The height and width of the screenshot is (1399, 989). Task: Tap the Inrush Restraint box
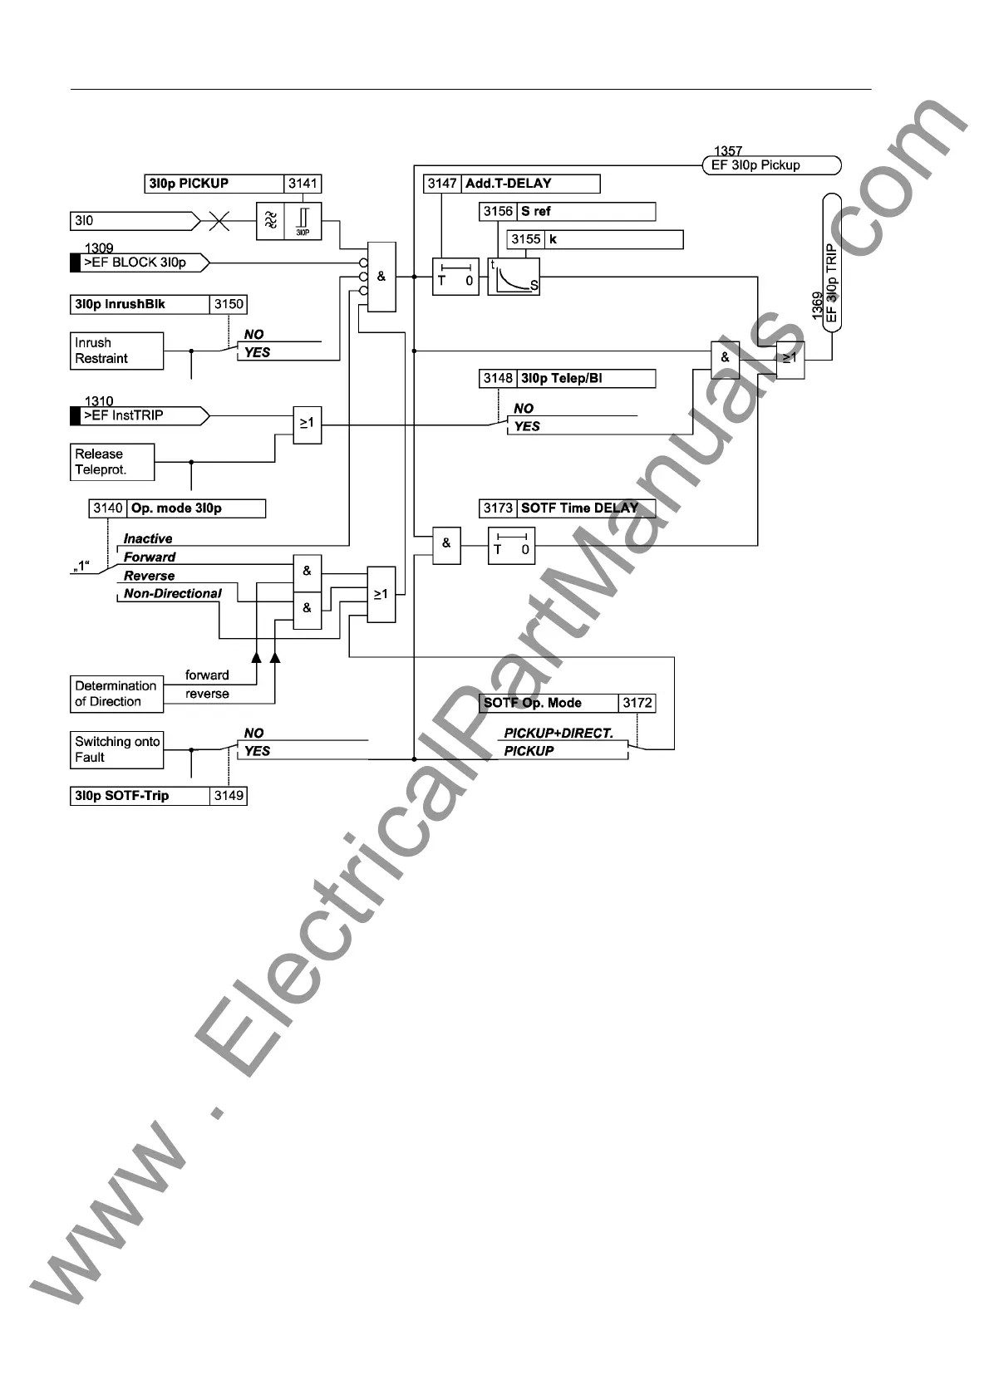click(116, 351)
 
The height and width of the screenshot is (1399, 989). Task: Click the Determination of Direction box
click(116, 694)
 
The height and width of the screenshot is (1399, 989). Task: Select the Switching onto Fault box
click(116, 749)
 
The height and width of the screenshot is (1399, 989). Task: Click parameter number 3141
click(303, 184)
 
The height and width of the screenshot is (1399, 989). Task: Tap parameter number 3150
click(229, 305)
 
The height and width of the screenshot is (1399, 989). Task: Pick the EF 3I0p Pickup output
click(771, 165)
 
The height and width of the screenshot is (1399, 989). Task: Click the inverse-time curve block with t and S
click(513, 277)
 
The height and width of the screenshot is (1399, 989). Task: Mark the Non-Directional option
click(173, 594)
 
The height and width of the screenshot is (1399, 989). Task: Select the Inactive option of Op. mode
click(148, 539)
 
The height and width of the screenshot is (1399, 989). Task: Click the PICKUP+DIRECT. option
click(558, 734)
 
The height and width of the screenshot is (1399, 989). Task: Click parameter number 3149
click(229, 796)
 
